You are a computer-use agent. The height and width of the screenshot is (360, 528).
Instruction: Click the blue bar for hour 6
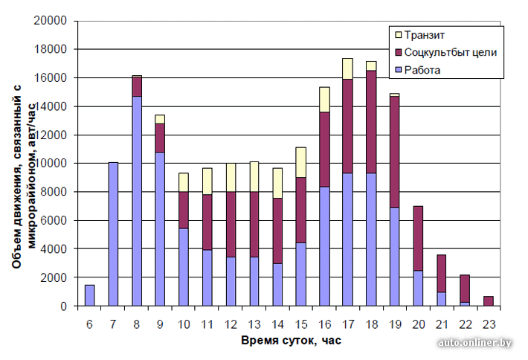coord(90,295)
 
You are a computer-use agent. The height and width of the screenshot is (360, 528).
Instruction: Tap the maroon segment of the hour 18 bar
coord(371,122)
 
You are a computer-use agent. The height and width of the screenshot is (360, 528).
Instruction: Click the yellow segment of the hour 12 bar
coord(231,178)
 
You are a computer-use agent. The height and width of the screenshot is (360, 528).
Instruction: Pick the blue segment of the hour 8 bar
coord(137,201)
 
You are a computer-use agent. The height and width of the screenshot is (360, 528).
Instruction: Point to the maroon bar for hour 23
coord(489,301)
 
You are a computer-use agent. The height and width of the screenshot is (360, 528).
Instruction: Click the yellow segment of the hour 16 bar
coord(324,100)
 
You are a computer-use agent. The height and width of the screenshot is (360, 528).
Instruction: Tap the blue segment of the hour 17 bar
coord(347,240)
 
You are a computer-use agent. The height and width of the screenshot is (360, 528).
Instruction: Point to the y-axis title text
coord(22,164)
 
